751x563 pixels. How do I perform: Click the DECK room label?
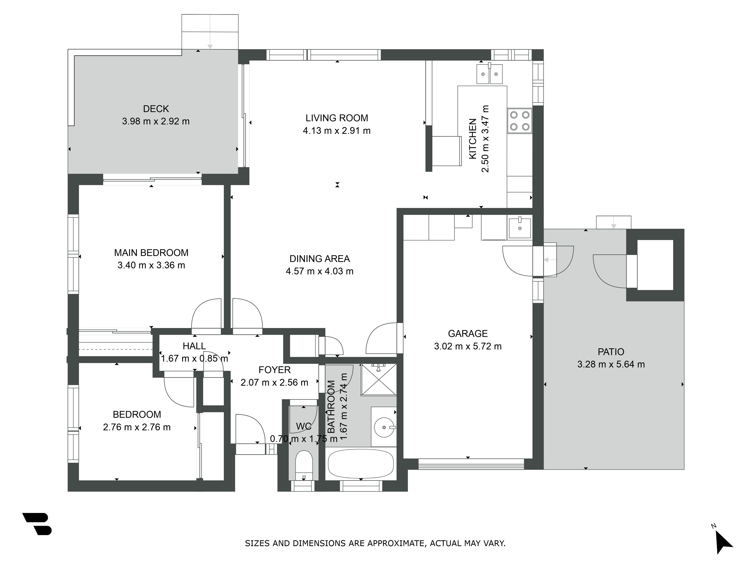156,109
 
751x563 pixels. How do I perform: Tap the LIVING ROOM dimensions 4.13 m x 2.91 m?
336,131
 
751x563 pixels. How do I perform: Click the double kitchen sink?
489,74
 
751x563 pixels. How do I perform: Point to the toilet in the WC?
304,465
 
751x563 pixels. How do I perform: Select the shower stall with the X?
379,380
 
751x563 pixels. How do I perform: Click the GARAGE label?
468,334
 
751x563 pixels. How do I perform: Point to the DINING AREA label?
320,259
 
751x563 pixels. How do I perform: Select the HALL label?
194,346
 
